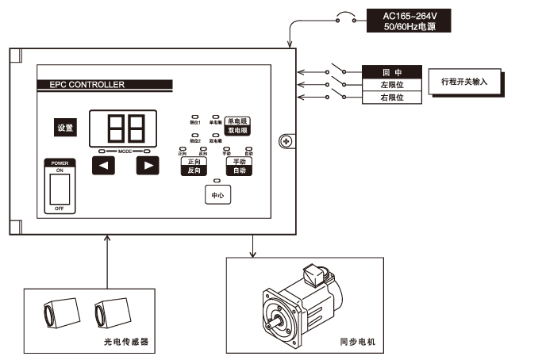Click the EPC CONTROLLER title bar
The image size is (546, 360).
click(104, 83)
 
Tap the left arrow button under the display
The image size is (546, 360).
click(104, 166)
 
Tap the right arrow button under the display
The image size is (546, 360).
click(147, 166)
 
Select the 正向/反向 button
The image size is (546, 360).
click(194, 166)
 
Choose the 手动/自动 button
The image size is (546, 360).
click(240, 166)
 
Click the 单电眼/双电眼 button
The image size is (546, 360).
click(237, 124)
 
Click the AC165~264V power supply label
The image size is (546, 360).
click(409, 21)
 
